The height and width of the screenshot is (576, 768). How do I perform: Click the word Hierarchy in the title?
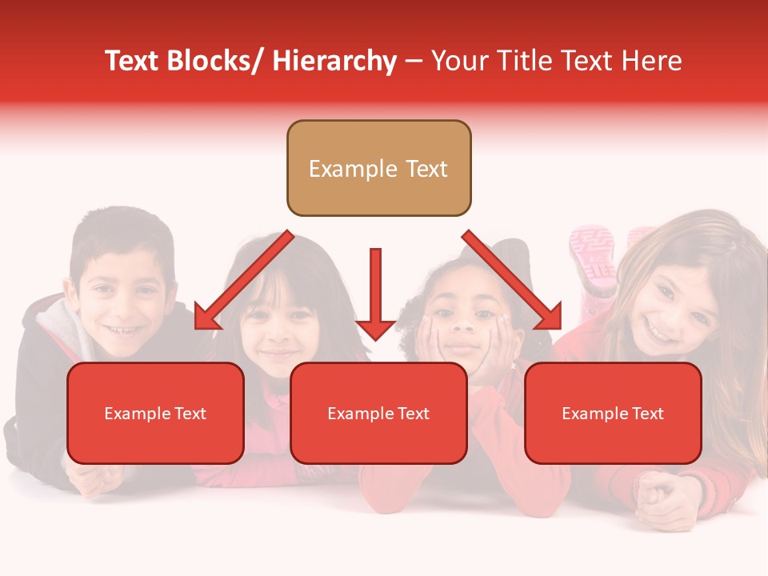(x=334, y=61)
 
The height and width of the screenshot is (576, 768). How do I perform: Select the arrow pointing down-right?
(x=512, y=280)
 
